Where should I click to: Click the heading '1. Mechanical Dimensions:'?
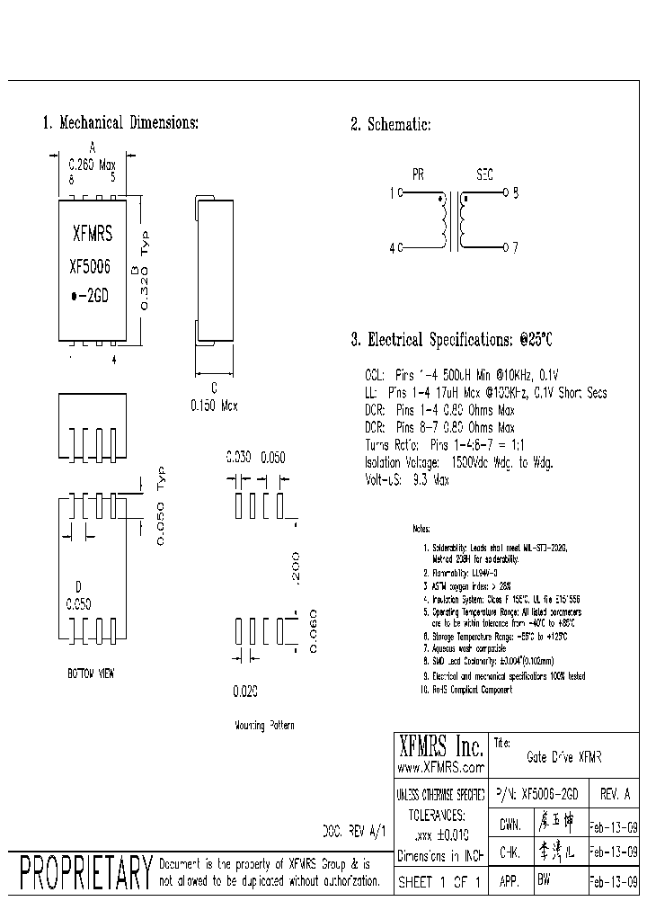[120, 123]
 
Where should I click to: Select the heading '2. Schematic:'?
[391, 124]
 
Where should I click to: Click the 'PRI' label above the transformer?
[418, 175]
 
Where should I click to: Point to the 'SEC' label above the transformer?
[484, 175]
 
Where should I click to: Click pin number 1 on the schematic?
[392, 192]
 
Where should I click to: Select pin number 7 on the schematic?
[515, 246]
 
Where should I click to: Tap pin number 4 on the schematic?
[392, 247]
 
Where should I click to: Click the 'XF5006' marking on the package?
[90, 267]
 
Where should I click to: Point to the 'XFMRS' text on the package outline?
[92, 236]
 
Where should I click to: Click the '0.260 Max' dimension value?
[93, 165]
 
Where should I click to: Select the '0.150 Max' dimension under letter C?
[214, 406]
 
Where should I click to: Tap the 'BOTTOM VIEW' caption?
[91, 673]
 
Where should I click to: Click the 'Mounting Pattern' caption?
[263, 725]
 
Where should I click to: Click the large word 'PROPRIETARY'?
[85, 872]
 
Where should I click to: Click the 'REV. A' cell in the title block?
[614, 795]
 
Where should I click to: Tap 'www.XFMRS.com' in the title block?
[440, 768]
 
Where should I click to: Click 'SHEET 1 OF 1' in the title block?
[440, 882]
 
